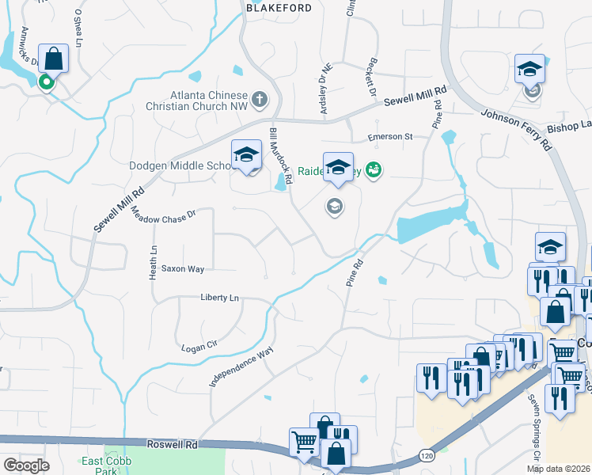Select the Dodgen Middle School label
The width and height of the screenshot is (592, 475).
pos(180,165)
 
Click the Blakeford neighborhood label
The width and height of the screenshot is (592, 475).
pos(275,7)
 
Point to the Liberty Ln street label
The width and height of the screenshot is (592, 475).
pos(219,298)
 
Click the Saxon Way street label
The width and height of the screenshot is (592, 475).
pos(183,269)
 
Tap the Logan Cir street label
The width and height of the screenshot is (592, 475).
pos(199,347)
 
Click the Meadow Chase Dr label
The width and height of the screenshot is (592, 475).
pos(163,215)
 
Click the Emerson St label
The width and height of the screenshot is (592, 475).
pos(390,137)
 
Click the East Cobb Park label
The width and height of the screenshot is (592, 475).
pos(106,465)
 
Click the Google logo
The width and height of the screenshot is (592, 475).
pos(25,465)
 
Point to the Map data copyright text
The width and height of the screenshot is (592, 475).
pos(559,469)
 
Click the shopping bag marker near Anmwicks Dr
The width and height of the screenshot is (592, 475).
pos(53,58)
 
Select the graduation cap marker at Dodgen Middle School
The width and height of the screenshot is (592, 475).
pos(246,154)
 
